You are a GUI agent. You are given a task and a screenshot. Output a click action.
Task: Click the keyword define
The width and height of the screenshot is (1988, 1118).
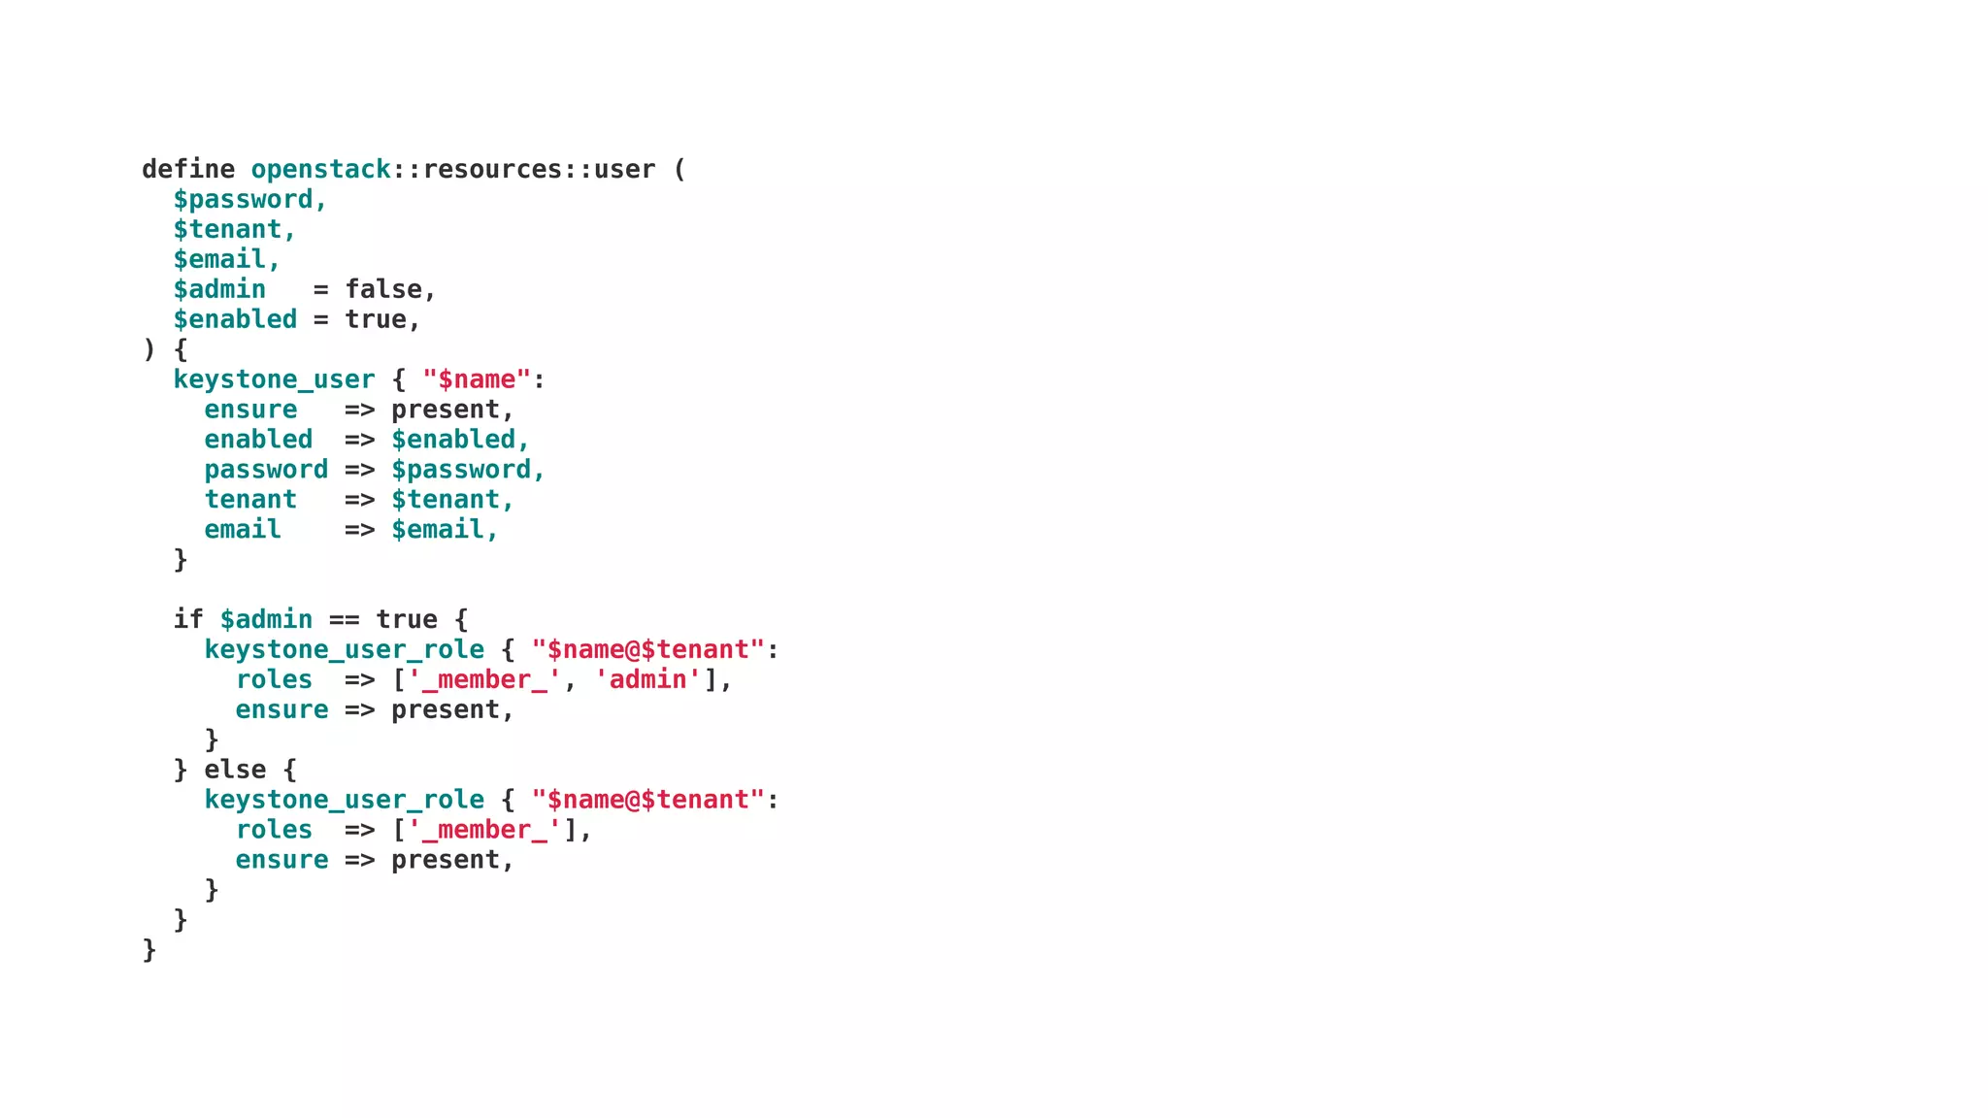point(188,169)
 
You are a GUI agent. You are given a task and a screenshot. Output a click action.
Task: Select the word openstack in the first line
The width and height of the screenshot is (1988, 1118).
point(320,169)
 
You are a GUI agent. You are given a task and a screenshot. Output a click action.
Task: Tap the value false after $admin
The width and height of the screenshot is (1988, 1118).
point(383,289)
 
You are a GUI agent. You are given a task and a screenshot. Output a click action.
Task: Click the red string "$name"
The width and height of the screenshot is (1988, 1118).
point(477,379)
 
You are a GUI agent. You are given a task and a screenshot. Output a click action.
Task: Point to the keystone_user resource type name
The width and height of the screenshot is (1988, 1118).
point(274,379)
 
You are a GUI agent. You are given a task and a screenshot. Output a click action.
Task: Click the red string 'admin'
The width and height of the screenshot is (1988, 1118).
point(647,679)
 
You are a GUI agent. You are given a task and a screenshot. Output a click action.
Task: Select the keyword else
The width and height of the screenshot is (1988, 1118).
point(235,770)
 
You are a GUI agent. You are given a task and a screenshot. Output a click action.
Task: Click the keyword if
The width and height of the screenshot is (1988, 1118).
point(188,619)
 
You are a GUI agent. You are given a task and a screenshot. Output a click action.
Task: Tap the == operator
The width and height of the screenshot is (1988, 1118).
point(344,619)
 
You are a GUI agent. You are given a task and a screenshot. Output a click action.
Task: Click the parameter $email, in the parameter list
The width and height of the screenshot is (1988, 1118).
point(226,259)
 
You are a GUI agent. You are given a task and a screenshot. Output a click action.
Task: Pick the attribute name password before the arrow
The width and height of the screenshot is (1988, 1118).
point(266,470)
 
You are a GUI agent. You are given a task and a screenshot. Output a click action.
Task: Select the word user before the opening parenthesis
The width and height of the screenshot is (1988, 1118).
point(624,169)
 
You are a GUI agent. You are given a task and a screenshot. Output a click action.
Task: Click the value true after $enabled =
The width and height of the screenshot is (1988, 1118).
point(376,319)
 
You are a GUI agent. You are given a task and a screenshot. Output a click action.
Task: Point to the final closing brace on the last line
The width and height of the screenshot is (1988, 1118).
point(149,949)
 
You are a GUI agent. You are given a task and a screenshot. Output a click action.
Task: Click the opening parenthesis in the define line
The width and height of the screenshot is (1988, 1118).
point(679,169)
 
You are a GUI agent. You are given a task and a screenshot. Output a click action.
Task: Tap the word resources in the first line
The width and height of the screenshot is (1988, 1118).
point(492,169)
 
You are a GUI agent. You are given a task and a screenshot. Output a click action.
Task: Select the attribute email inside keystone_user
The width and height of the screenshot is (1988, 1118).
point(243,530)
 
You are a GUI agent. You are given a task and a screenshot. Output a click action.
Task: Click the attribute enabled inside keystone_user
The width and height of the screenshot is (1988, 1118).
point(258,440)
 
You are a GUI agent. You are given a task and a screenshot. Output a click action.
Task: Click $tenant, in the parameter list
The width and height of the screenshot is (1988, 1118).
point(234,229)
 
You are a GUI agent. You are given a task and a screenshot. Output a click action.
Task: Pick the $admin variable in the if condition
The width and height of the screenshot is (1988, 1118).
point(266,619)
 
